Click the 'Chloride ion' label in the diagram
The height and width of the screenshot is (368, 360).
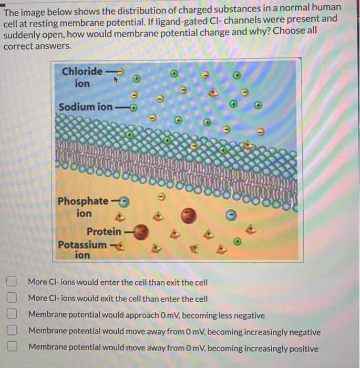(82, 77)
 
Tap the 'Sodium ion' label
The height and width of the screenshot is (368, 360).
(85, 107)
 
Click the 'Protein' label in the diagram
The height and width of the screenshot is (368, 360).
(104, 231)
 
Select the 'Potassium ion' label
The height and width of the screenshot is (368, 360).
(82, 250)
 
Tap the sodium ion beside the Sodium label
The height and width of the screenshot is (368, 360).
(134, 108)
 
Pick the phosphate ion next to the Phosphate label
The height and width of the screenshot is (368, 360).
(125, 201)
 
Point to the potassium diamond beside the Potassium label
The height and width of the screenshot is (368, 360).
(126, 244)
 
